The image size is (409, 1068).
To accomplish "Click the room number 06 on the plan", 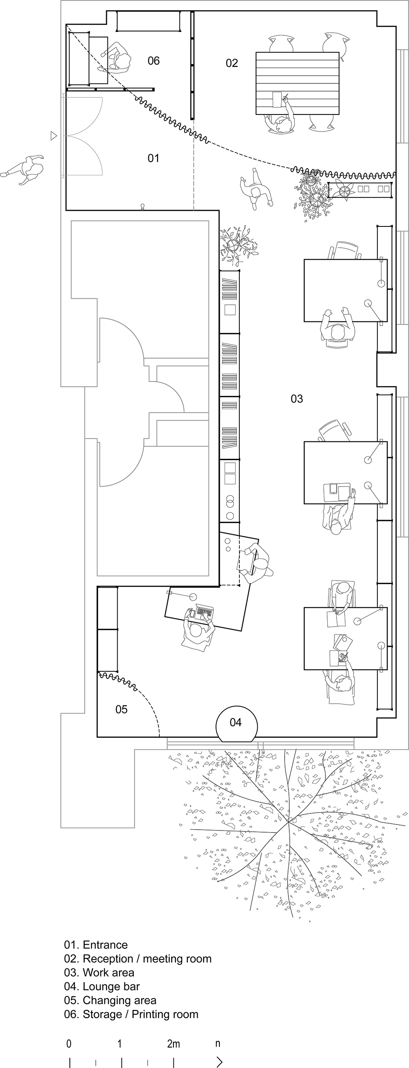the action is [x=154, y=61].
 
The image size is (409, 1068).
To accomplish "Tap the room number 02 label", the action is [x=232, y=63].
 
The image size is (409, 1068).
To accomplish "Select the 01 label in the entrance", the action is [x=153, y=158].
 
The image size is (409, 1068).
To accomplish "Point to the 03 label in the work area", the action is [x=297, y=399].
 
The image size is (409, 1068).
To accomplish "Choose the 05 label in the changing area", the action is [x=121, y=709].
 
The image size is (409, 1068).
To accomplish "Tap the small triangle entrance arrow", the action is [x=54, y=136].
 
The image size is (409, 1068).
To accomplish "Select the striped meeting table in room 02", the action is [x=297, y=83].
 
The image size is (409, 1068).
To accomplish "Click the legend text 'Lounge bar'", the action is [x=111, y=986].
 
